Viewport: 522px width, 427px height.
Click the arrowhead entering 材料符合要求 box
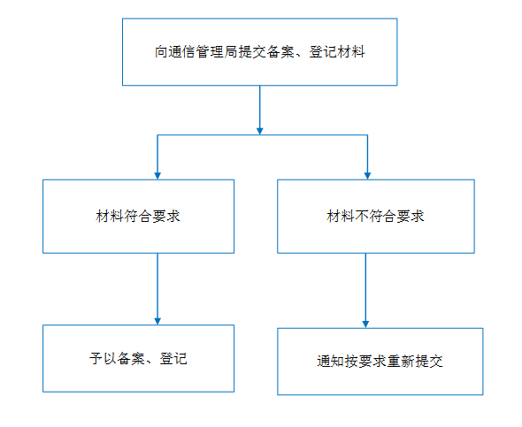pos(157,176)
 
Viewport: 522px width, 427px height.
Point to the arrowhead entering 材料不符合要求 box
pos(367,176)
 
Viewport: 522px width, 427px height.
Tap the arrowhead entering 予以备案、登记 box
pos(157,321)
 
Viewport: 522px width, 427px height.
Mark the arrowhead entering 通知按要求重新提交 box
pos(365,324)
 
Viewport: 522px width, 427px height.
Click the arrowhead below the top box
pos(259,131)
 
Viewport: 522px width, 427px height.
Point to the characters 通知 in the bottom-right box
pos(331,362)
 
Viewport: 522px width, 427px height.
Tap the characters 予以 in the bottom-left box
pos(104,359)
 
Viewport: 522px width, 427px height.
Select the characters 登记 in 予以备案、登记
pos(173,359)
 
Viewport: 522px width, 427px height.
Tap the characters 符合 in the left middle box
pos(138,217)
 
